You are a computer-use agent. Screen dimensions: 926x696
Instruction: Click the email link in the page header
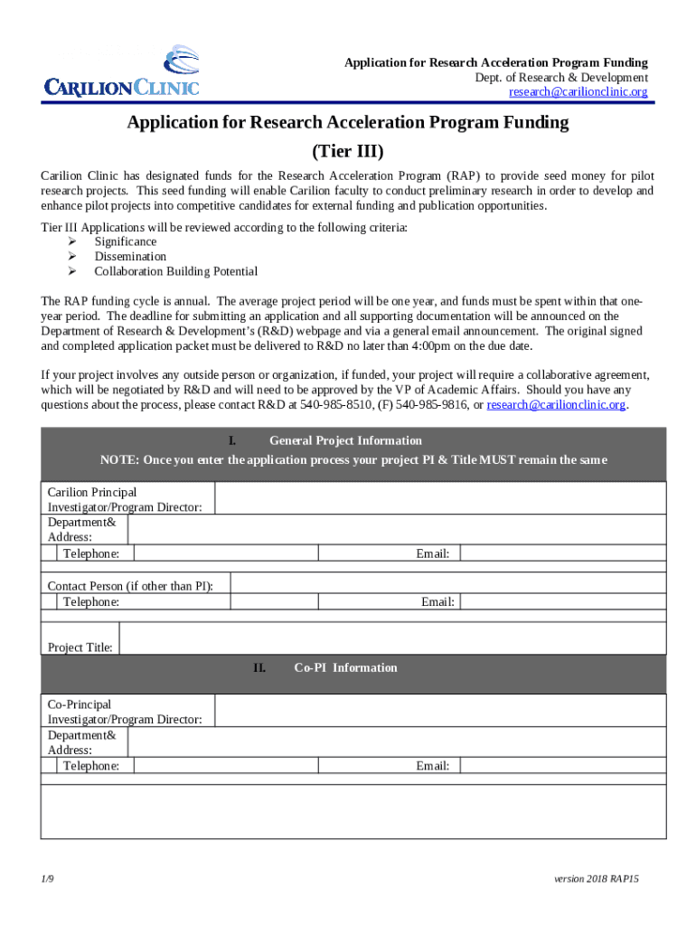[578, 92]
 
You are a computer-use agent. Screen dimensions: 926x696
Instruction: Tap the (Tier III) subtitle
[347, 150]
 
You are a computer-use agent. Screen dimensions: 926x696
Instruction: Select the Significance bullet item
[125, 241]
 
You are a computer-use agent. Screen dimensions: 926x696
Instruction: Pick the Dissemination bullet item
[130, 256]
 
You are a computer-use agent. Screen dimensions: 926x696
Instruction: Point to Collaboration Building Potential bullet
[175, 271]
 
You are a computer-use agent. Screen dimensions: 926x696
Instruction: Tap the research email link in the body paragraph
[556, 404]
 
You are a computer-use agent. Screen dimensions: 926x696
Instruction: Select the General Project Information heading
[345, 440]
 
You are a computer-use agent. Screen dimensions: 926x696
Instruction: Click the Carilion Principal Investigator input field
[439, 499]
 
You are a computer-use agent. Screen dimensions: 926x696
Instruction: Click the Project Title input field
[392, 639]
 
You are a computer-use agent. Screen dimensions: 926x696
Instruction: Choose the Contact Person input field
[447, 585]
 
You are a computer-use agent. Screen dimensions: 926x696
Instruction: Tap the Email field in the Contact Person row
[560, 601]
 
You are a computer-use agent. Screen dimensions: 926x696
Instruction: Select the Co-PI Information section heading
[345, 667]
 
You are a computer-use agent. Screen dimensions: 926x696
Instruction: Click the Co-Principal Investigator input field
[439, 711]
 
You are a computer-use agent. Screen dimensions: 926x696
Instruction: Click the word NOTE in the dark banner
[118, 459]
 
